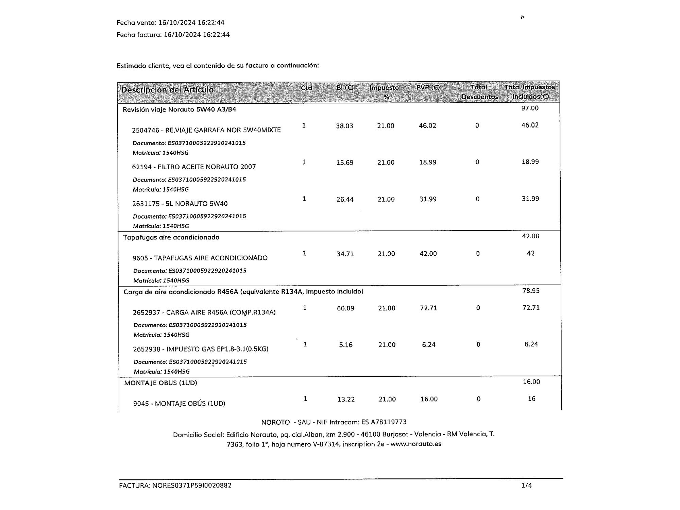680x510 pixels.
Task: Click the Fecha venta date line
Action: (170, 23)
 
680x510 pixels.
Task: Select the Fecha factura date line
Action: (173, 35)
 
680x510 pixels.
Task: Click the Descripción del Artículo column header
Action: (167, 90)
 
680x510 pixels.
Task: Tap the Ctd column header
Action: (306, 88)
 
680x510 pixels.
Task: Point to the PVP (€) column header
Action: (428, 88)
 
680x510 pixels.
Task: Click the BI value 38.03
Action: (344, 126)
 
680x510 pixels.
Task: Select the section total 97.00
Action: (530, 108)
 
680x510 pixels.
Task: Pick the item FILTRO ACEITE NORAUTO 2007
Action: (194, 167)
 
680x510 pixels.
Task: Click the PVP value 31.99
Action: (428, 199)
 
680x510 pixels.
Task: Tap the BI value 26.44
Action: (345, 200)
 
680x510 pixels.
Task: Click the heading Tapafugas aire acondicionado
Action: (171, 237)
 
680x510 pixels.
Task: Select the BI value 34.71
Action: (345, 254)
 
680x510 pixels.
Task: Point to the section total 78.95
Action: (531, 291)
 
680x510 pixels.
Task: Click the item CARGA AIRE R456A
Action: (204, 312)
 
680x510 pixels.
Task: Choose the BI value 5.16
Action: (346, 345)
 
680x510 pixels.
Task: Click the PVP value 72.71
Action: (428, 308)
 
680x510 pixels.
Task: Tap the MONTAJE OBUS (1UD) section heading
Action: (160, 383)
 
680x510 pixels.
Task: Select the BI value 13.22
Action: (346, 400)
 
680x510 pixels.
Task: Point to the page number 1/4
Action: (526, 486)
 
